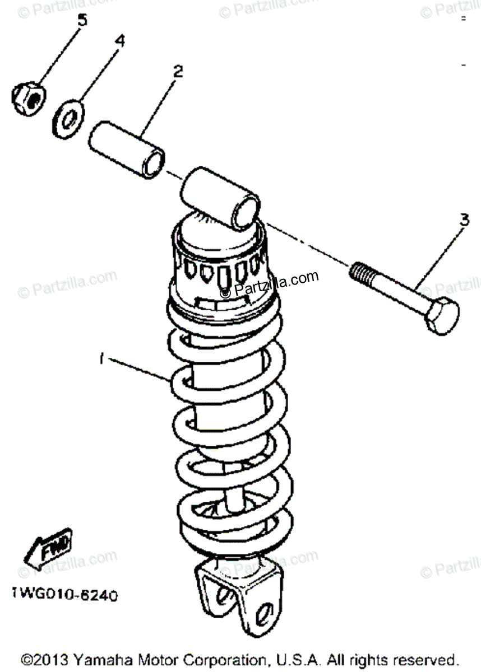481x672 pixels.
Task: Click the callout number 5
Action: click(82, 21)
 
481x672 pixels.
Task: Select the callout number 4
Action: click(120, 41)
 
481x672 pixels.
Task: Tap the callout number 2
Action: click(178, 71)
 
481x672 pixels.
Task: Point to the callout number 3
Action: click(464, 220)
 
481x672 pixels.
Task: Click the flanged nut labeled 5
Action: click(29, 97)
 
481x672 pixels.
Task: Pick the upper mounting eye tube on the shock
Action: click(220, 199)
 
